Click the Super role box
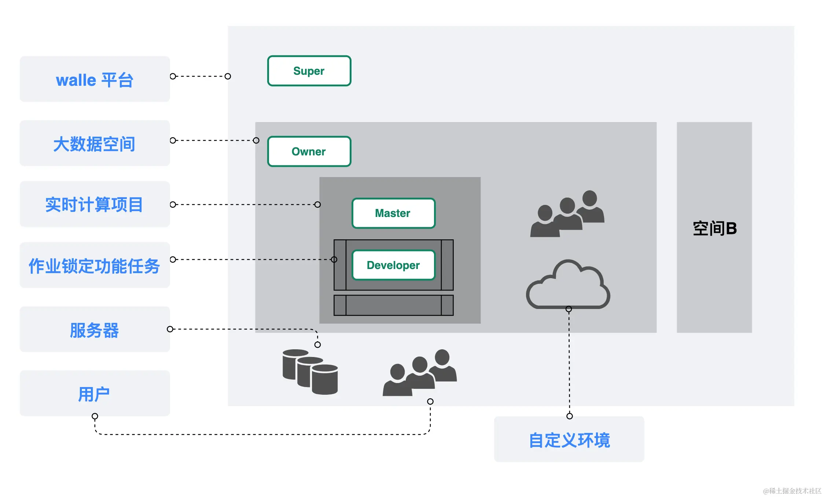[x=309, y=71]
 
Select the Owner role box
[x=309, y=151]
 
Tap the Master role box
[x=393, y=213]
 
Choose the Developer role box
[x=393, y=265]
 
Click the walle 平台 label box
[x=95, y=79]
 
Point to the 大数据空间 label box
[x=95, y=143]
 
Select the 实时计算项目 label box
[x=95, y=204]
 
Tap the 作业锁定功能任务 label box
[x=95, y=265]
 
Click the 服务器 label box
[x=95, y=330]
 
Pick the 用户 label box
[x=95, y=393]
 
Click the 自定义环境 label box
[x=569, y=439]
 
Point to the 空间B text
[x=714, y=228]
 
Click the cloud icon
[x=568, y=286]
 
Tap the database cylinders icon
[x=310, y=372]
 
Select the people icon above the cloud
[x=567, y=214]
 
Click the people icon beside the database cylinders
[x=420, y=373]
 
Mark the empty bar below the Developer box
[x=393, y=305]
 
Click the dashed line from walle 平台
[x=200, y=76]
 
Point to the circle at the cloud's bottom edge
[x=569, y=309]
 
